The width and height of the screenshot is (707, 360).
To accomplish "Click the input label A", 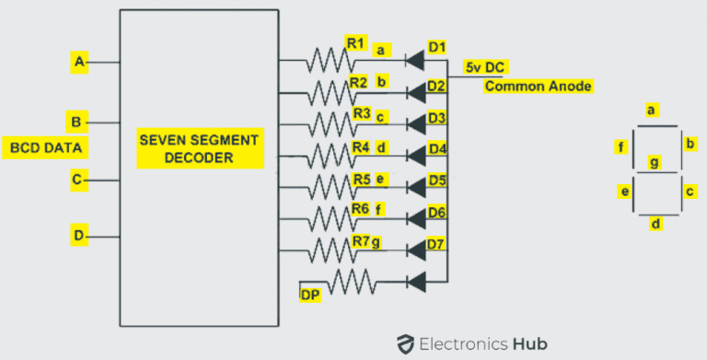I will pos(79,62).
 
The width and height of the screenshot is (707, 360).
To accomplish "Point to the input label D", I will pos(78,237).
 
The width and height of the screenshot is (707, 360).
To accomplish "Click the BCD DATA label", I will pos(46,147).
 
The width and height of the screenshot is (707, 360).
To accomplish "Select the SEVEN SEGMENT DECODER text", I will pos(199,148).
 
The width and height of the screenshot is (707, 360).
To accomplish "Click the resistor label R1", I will pos(356,43).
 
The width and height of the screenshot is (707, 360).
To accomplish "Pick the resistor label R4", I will pos(362,146).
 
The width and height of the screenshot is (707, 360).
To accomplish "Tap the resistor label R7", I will pos(361,241).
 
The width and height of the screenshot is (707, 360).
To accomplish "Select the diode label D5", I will pos(437,180).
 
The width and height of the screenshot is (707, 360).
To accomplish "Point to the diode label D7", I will pos(437,245).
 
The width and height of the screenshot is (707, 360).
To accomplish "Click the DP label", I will pos(310,295).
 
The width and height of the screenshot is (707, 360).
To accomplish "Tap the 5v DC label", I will pos(487,67).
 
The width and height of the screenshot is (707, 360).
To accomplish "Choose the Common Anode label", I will pos(538,87).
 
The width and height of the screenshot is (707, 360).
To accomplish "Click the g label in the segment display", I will pos(655,163).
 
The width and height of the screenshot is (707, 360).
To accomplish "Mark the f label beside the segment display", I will pos(621,145).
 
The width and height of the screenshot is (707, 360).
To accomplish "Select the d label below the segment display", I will pos(654,224).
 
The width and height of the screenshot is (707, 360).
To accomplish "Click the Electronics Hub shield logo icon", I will pos(403,343).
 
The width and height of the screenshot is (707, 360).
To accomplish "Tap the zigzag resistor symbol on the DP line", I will pos(353,281).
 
